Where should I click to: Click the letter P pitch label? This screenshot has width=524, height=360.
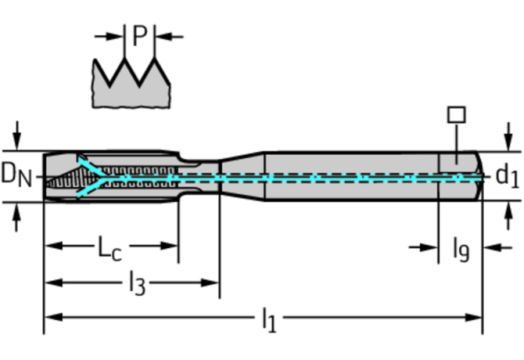tap(140, 35)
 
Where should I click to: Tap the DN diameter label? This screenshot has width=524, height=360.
tap(16, 175)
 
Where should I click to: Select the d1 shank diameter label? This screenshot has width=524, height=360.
tap(508, 175)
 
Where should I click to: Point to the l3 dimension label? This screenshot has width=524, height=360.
tap(138, 283)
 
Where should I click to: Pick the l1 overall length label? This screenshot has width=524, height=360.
tap(269, 320)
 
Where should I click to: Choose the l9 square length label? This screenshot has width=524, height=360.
tap(461, 250)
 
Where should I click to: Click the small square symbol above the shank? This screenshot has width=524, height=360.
tap(457, 114)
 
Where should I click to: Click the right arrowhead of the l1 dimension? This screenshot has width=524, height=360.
tap(473, 317)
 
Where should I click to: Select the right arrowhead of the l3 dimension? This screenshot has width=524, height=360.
tap(210, 283)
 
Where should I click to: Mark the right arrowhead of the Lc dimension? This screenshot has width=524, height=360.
tap(169, 246)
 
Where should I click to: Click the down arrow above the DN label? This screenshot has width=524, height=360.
tap(16, 135)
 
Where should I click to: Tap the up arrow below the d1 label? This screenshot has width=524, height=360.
tap(508, 216)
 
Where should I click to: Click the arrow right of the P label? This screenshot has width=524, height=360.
tap(169, 37)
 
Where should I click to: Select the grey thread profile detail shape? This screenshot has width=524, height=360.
tap(131, 84)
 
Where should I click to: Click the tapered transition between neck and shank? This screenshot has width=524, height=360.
tap(242, 176)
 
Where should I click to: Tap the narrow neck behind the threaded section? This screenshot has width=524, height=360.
tap(199, 177)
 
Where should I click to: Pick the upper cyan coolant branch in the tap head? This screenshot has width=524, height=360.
tap(91, 166)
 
